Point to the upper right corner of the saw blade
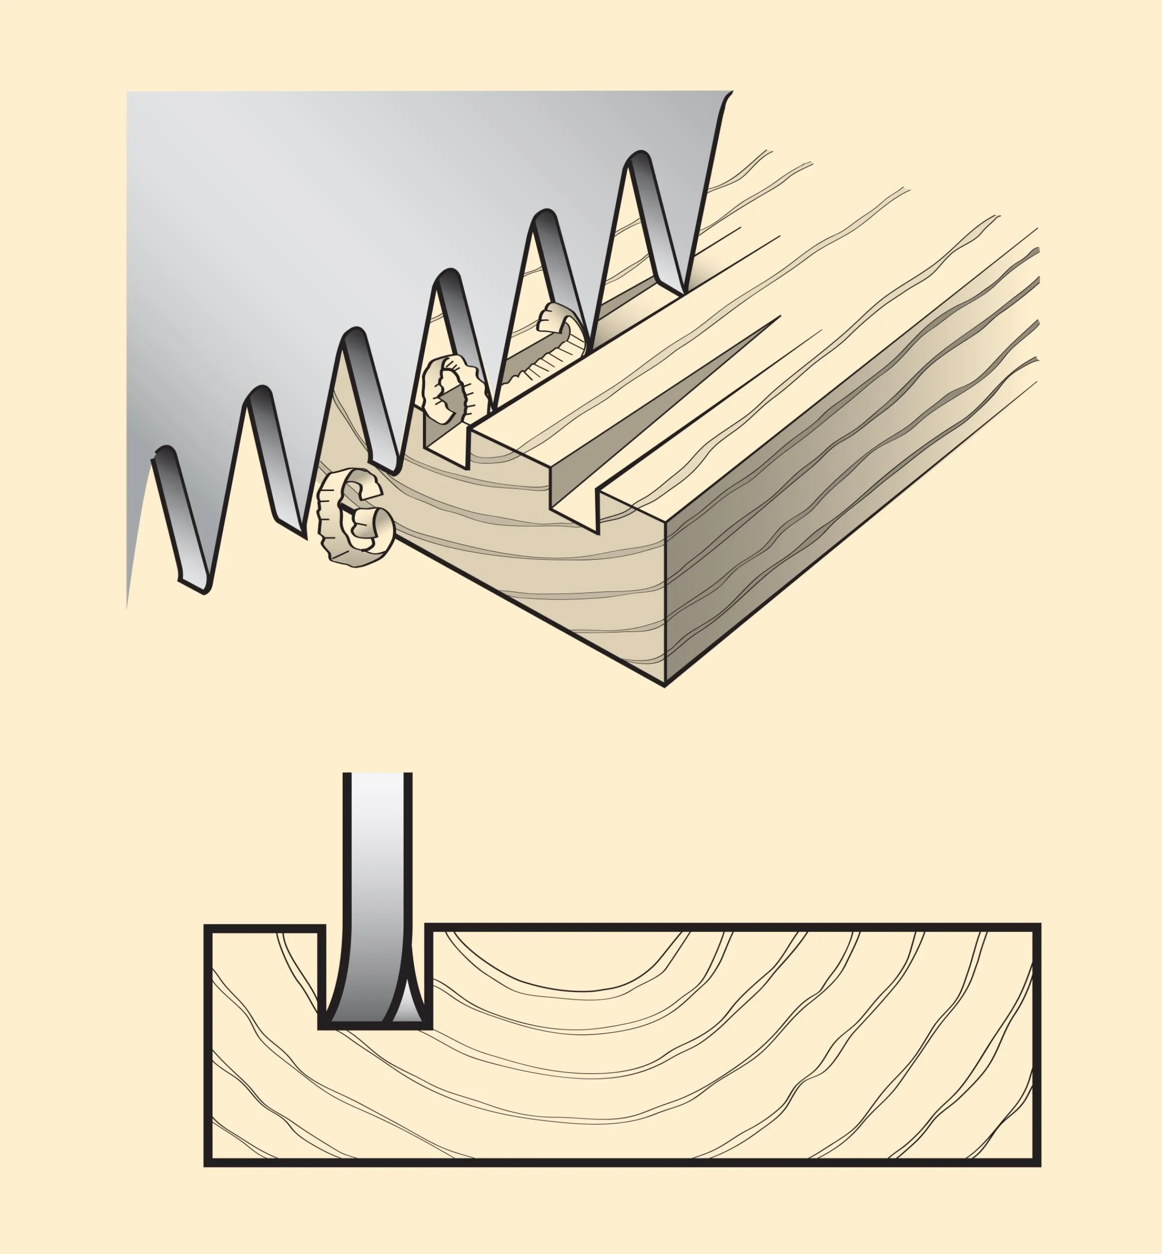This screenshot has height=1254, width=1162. (731, 93)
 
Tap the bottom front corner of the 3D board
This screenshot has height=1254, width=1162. (665, 684)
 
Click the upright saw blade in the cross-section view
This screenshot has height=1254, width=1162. (377, 880)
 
